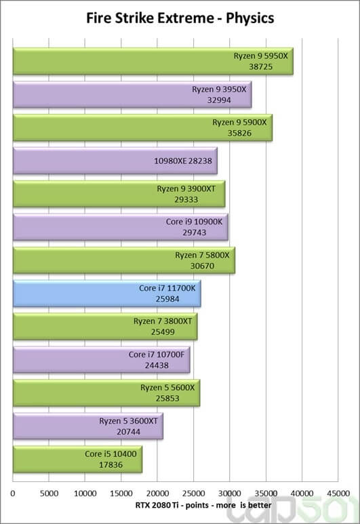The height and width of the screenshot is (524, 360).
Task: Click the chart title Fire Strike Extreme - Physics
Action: point(180,18)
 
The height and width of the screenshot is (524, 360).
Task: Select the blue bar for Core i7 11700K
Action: point(107,294)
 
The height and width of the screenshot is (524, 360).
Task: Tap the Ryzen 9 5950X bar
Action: point(153,61)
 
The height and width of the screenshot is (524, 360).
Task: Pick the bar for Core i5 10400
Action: point(77,460)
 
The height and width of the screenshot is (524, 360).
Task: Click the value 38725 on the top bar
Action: point(261,67)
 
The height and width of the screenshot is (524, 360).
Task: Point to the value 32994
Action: point(219,100)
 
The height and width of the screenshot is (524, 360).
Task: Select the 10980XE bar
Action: point(115,161)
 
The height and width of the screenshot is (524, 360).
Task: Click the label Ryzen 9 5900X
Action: point(240,122)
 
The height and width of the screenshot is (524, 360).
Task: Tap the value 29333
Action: point(186,199)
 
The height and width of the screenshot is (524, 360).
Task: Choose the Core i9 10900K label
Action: point(194,222)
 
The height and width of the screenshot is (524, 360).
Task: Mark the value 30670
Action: point(202,266)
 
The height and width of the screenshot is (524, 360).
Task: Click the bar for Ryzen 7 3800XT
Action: point(105,327)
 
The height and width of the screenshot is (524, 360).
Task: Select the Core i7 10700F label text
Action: point(157,355)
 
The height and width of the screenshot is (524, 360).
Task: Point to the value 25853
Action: point(167,399)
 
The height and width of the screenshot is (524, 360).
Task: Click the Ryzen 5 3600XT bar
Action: point(88,426)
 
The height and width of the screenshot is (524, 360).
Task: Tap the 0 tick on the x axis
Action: point(13,493)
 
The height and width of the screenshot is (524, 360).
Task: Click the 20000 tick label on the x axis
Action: point(157,493)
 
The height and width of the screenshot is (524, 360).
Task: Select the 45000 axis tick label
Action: point(338,493)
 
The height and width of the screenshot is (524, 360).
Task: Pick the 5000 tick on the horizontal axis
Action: point(49,493)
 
